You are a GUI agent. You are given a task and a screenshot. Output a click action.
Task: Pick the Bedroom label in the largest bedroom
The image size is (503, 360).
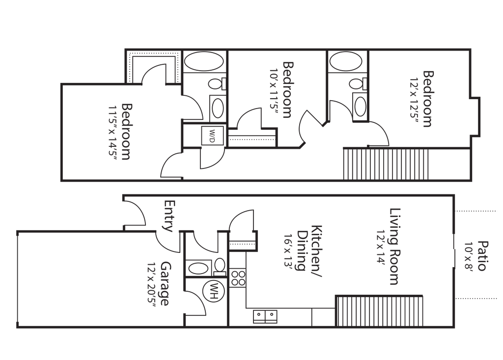click(127, 132)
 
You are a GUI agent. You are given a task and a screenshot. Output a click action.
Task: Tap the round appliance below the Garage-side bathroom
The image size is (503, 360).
click(214, 291)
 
